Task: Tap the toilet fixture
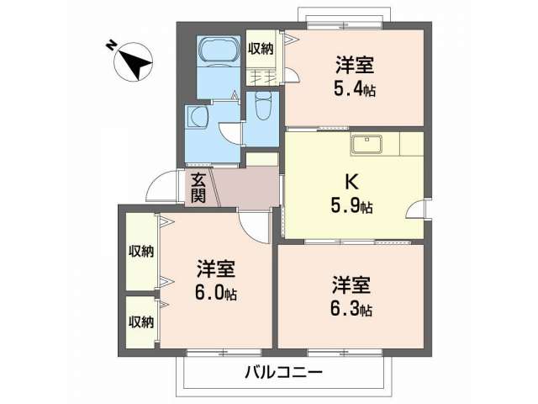(x=264, y=105)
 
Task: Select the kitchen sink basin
(x=367, y=144)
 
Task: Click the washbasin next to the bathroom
(x=198, y=116)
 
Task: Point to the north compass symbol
(x=134, y=61)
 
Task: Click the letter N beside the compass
(x=110, y=45)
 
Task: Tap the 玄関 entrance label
(x=198, y=188)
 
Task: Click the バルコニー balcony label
(x=283, y=372)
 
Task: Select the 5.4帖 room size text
(x=354, y=89)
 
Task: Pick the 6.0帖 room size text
(x=215, y=293)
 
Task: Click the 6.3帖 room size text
(x=351, y=309)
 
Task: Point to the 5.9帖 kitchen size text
(x=351, y=206)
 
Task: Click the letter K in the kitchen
(x=351, y=182)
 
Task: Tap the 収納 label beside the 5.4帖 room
(x=261, y=49)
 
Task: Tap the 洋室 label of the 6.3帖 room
(x=351, y=285)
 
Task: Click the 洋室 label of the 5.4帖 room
(x=355, y=66)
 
